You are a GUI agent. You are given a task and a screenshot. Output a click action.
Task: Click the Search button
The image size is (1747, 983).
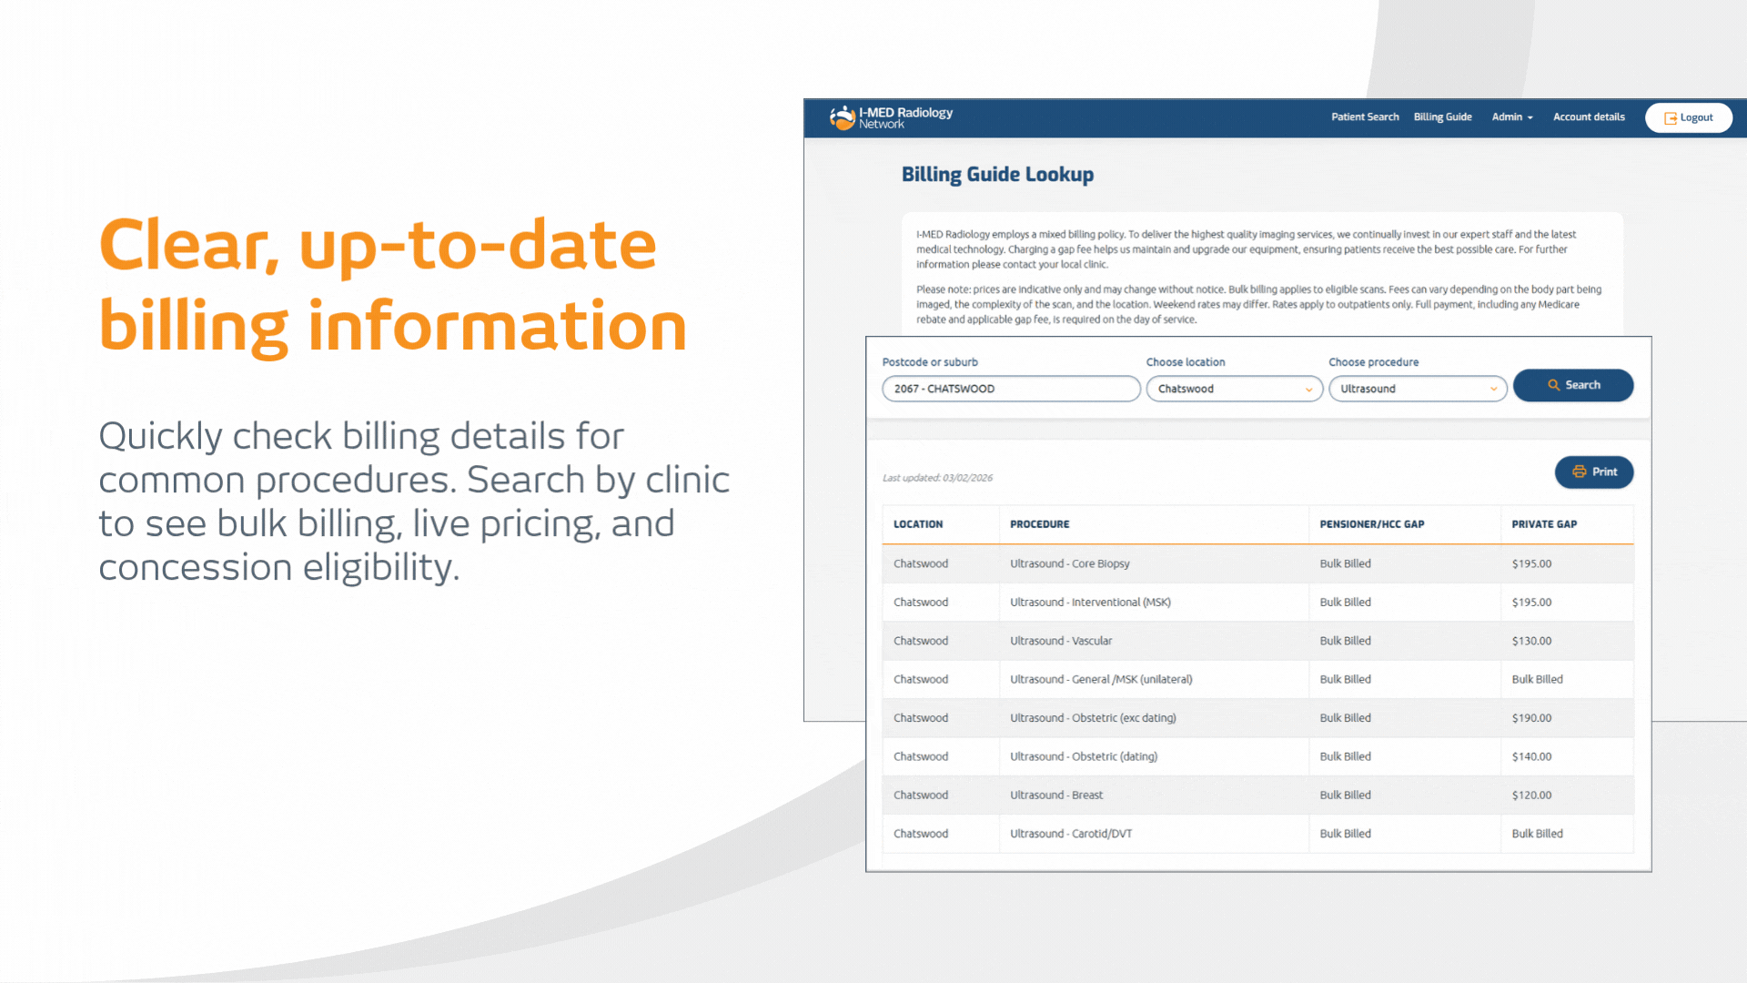pyautogui.click(x=1573, y=385)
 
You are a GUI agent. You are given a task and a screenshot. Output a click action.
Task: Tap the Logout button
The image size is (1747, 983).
pyautogui.click(x=1689, y=117)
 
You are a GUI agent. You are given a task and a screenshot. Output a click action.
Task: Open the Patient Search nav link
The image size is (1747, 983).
pyautogui.click(x=1365, y=117)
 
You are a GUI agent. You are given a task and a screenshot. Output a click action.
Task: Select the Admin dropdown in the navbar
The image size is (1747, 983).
pyautogui.click(x=1512, y=117)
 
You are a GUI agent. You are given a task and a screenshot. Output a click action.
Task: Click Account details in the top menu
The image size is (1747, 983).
pyautogui.click(x=1589, y=117)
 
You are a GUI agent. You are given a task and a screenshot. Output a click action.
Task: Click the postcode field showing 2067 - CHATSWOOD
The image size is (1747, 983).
pyautogui.click(x=1011, y=389)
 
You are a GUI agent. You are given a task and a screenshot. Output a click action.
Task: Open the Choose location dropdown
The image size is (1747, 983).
pyautogui.click(x=1235, y=389)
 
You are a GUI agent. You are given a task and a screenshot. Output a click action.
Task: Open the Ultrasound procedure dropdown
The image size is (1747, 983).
pyautogui.click(x=1418, y=389)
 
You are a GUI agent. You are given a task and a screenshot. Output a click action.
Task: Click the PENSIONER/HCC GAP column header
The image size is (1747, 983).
pyautogui.click(x=1372, y=524)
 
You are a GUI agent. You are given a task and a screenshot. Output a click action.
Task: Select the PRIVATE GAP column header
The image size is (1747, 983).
pyautogui.click(x=1544, y=524)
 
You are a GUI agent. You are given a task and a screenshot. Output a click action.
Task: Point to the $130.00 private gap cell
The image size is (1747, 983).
pyautogui.click(x=1531, y=641)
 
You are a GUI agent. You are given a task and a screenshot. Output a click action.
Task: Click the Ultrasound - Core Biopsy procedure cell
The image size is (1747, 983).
pyautogui.click(x=1070, y=563)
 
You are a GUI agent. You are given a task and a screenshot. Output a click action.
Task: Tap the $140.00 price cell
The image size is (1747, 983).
pyautogui.click(x=1531, y=756)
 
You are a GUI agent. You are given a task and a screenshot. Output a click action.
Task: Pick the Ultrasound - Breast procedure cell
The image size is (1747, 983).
pyautogui.click(x=1056, y=795)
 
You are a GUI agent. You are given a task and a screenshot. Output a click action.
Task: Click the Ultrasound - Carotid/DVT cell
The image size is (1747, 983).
pyautogui.click(x=1071, y=834)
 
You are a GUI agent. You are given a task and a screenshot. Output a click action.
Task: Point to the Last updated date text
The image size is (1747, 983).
pyautogui.click(x=937, y=478)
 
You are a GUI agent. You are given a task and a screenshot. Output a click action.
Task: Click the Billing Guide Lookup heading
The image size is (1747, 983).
pyautogui.click(x=997, y=175)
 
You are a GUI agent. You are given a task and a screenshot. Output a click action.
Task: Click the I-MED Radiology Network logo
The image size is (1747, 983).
pyautogui.click(x=891, y=117)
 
